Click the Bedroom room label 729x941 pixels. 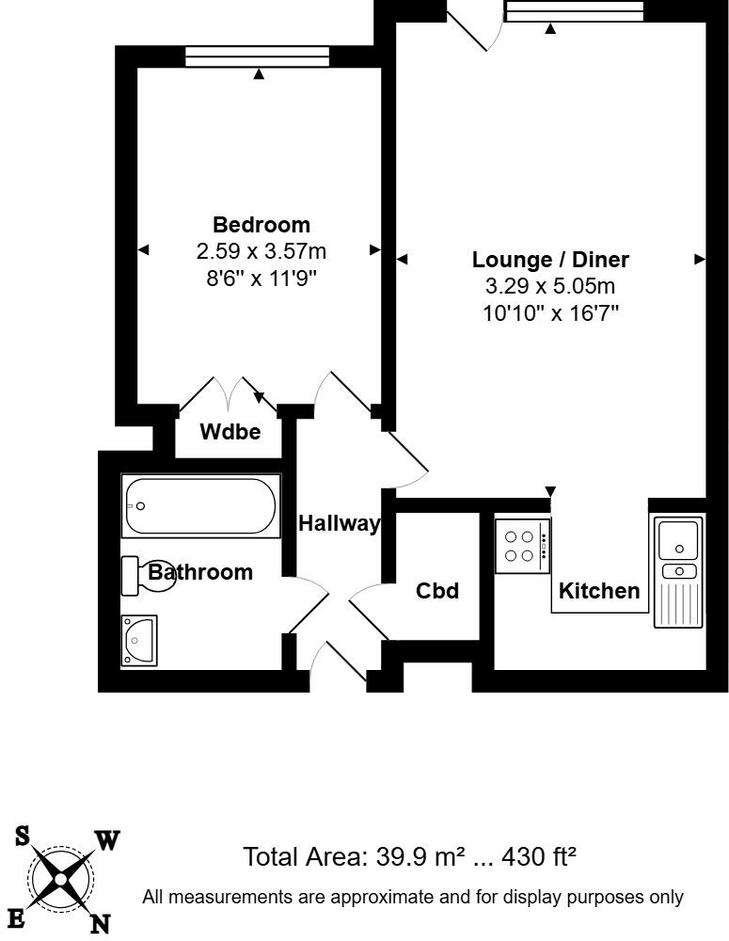(261, 225)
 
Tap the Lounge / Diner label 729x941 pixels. (550, 260)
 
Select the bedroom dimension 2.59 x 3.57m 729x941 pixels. (261, 251)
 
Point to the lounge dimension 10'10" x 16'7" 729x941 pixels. (550, 313)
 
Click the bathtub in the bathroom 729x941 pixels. (200, 506)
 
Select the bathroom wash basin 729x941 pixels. (140, 641)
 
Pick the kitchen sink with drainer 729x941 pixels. (677, 572)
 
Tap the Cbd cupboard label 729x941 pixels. (437, 591)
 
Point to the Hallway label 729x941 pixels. (339, 524)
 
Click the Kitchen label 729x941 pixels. (599, 591)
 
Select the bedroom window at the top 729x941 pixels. (257, 57)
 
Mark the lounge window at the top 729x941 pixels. (574, 11)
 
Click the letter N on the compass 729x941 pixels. (99, 924)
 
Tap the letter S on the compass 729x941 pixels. (21, 835)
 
